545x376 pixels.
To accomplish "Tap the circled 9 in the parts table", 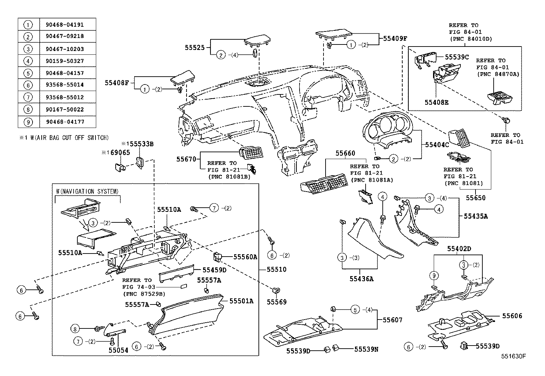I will coord(28,122).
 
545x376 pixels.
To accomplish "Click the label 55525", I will coord(195,48).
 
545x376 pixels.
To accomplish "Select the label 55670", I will coord(186,159).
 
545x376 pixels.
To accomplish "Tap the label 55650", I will coord(476,198).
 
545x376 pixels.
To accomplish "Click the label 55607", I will coord(392,320).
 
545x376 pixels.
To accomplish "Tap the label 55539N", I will coord(366,349).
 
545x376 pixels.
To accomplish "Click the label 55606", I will coord(512,316).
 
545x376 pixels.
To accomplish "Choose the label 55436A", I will coord(361,279).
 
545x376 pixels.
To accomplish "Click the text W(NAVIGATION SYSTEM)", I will coord(87,192).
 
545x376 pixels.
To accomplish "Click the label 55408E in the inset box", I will coord(436,102).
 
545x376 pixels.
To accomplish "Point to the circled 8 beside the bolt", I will coord(75,329).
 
